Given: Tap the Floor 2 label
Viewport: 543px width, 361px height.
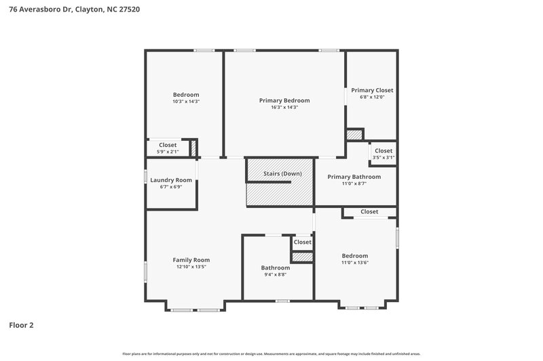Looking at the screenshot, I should pos(21,325).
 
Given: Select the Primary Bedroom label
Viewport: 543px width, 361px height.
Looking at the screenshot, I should pos(284,100).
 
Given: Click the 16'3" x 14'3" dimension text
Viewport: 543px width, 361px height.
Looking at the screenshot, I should pos(284,107).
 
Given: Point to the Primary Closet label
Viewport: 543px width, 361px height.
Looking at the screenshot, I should pos(372,90).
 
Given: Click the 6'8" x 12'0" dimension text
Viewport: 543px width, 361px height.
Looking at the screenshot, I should pos(372,97).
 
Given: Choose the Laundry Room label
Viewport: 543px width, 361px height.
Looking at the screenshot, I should pos(171,180).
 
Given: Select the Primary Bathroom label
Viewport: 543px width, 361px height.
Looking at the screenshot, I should pos(354,177).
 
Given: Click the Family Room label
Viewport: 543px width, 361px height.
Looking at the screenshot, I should pos(191,260).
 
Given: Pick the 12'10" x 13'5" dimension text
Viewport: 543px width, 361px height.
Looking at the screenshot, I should pos(191,267).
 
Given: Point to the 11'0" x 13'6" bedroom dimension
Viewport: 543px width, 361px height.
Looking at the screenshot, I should pos(355,263).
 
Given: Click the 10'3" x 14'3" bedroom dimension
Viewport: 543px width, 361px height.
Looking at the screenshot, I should pos(186,102).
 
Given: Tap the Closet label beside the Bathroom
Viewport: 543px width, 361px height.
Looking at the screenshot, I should pos(302,242).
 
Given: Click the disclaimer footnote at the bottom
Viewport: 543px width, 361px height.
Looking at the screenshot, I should pos(271,354).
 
